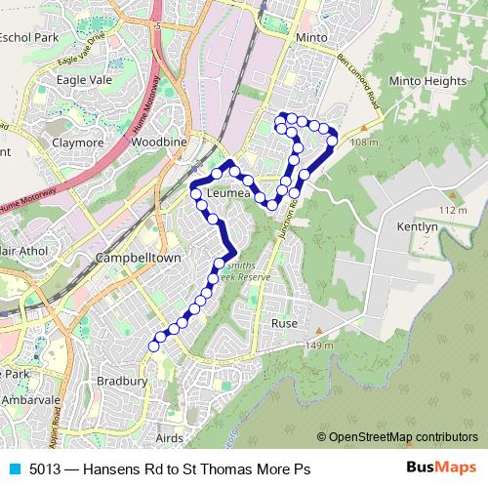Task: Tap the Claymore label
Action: click(x=78, y=142)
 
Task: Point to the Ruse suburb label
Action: click(x=284, y=323)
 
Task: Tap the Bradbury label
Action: click(x=123, y=381)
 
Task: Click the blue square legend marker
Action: click(x=13, y=468)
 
